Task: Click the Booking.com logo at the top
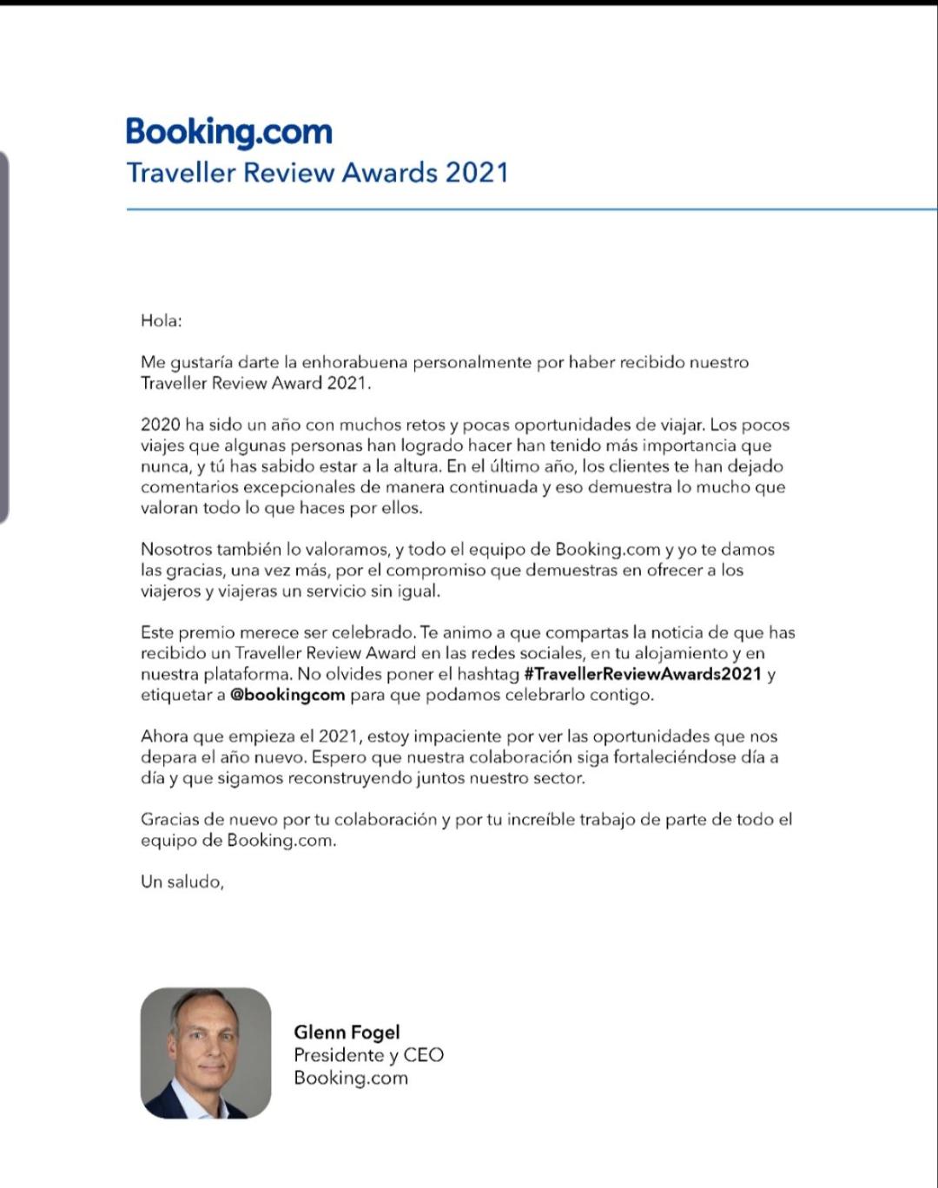click(x=229, y=132)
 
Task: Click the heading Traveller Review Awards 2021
click(x=317, y=172)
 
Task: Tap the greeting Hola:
click(x=162, y=320)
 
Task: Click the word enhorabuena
click(x=354, y=362)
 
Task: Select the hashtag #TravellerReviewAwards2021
click(x=643, y=674)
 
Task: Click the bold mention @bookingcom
click(x=287, y=695)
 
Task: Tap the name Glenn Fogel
click(x=347, y=1032)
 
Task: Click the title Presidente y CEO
click(x=368, y=1054)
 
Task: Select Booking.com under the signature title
click(x=350, y=1078)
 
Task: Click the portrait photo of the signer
click(x=206, y=1053)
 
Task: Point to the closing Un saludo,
click(x=182, y=881)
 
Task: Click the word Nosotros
click(x=175, y=549)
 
